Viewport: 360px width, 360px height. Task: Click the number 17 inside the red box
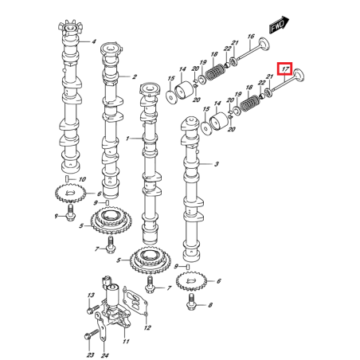[x=284, y=68]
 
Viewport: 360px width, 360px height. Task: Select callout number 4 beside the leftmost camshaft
[x=93, y=41]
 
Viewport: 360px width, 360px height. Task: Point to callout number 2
[x=134, y=77]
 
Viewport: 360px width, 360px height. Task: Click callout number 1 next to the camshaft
[x=127, y=139]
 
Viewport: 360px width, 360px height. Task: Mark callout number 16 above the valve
[x=251, y=37]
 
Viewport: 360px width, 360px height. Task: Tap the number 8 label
[x=210, y=306]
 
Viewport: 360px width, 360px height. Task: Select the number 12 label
[x=147, y=327]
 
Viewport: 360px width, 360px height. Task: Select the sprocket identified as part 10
[x=71, y=193]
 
